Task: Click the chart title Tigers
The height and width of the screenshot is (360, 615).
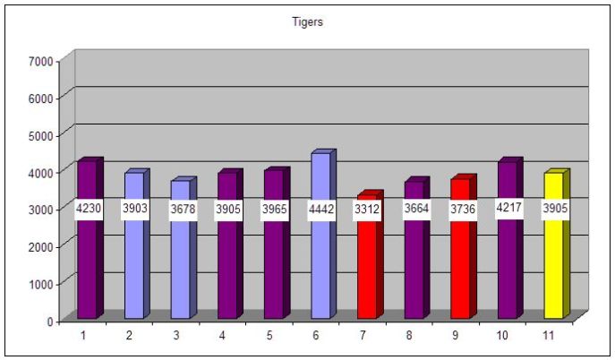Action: pos(308,22)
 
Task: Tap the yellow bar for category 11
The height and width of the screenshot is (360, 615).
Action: pos(553,260)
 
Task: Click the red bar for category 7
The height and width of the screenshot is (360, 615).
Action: pos(367,269)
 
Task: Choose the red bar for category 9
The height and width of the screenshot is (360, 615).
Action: pos(460,260)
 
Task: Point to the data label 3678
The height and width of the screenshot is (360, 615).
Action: pos(181,210)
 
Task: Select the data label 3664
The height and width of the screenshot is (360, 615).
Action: pos(414,210)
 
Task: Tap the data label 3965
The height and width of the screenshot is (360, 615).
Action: pos(274,210)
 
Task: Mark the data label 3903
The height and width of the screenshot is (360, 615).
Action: pos(134,210)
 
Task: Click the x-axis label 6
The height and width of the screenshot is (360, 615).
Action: pos(315,335)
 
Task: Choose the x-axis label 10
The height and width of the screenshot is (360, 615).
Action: pos(501,335)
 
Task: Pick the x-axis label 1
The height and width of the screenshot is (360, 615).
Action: pos(82,335)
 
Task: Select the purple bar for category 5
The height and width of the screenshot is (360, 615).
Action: pos(274,269)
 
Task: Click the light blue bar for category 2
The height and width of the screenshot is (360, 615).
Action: pos(134,269)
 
